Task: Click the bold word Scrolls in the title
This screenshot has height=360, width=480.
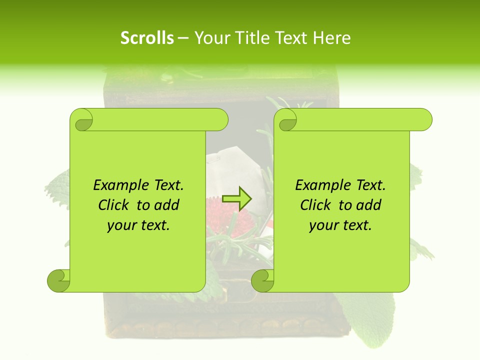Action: coord(147,38)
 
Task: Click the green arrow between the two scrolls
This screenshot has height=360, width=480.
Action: coord(237,198)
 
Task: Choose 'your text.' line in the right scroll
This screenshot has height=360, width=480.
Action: coord(340,225)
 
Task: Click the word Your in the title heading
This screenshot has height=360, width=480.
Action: coord(209,38)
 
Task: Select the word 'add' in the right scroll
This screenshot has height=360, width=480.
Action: coord(368,205)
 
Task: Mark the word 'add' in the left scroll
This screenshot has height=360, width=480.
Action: coord(166,205)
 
